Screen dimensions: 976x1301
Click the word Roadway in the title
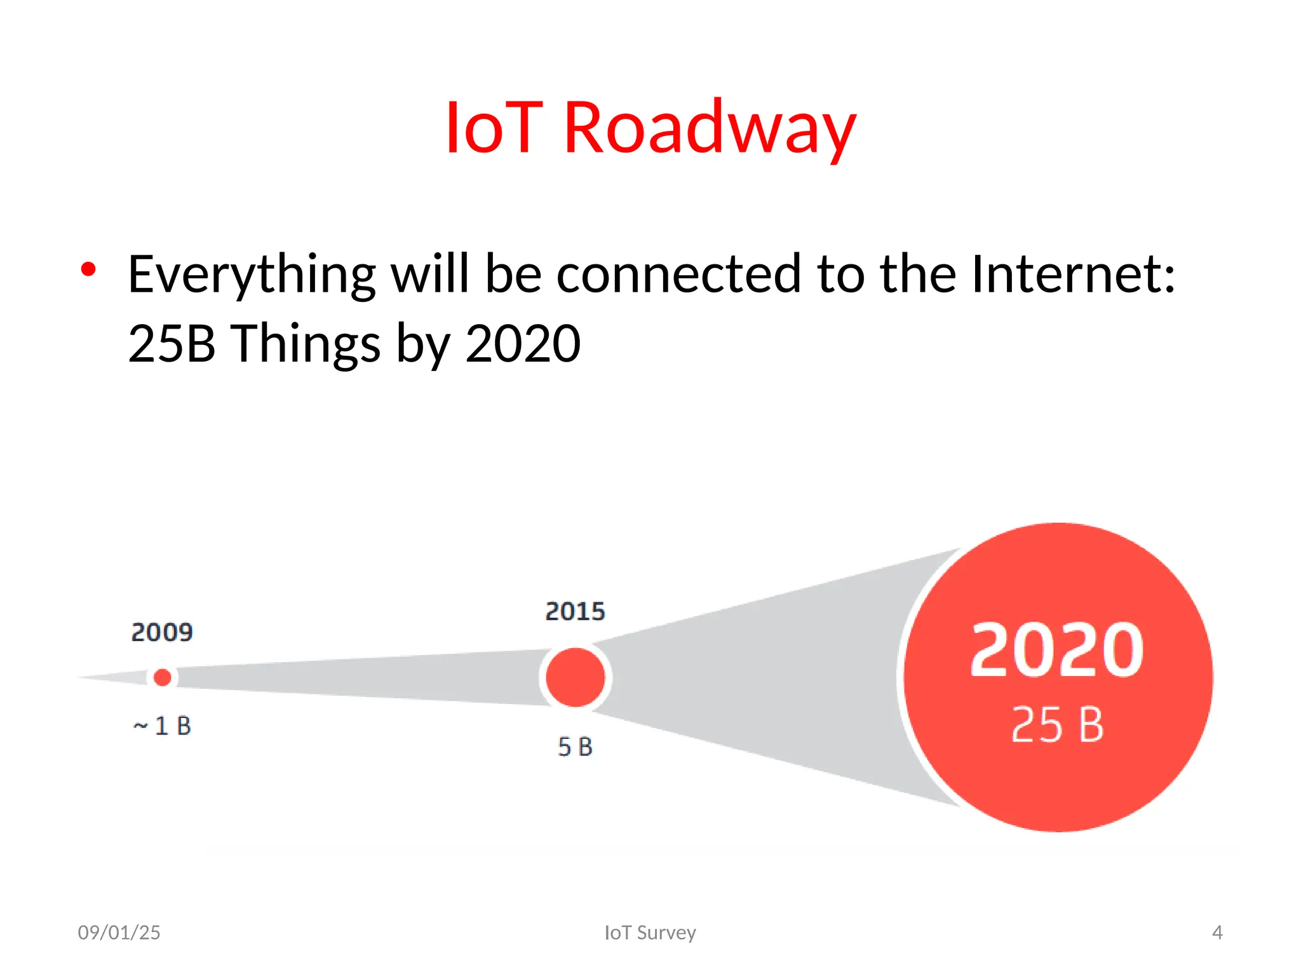[x=710, y=129]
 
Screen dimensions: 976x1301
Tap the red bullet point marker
[x=88, y=269]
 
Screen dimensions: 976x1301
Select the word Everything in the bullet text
[x=252, y=274]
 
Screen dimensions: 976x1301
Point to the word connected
[x=678, y=274]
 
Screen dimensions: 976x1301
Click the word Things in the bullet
[x=305, y=343]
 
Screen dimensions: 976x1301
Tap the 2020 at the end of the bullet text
[x=522, y=343]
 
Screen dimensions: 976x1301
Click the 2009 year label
[x=162, y=632]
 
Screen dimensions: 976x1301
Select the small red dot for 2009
[x=163, y=677]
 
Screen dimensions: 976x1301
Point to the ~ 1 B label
[x=162, y=726]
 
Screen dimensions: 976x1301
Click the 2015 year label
[x=575, y=611]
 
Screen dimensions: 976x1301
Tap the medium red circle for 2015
[x=576, y=677]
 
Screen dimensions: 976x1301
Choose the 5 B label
[x=575, y=747]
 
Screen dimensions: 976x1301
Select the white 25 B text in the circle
[x=1057, y=724]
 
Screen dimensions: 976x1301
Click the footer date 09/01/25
[x=119, y=932]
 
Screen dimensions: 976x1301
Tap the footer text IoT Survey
[x=650, y=932]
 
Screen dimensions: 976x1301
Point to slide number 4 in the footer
[x=1217, y=932]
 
